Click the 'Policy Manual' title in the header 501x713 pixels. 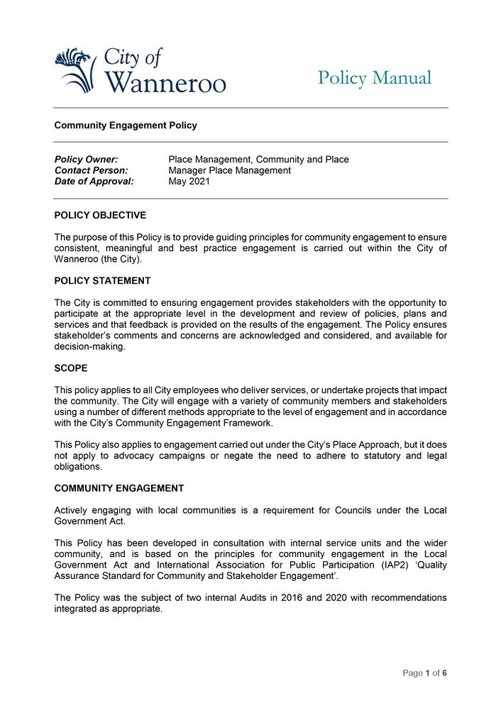374,77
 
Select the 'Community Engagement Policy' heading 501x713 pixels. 126,126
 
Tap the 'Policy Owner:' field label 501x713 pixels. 86,160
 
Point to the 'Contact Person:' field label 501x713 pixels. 91,170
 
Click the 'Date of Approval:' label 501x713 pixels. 94,182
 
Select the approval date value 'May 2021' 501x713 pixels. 189,182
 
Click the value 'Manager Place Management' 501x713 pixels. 229,170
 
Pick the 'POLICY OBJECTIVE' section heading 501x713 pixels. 100,215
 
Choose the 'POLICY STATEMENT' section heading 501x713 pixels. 102,281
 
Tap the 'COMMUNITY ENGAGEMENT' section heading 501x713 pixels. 119,488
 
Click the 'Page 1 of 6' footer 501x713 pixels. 425,673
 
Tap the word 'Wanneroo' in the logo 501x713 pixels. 165,82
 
